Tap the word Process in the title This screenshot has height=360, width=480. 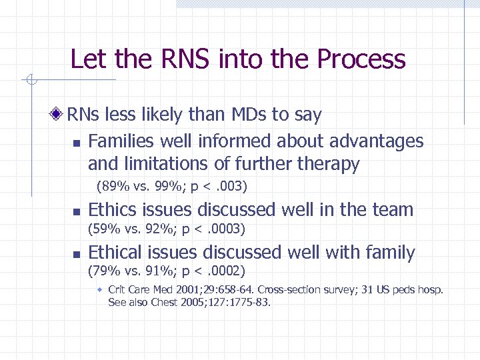coord(361,59)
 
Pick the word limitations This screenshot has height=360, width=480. coord(168,164)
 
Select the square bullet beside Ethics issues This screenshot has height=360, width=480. coord(76,211)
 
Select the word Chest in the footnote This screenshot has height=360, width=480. coord(157,302)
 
